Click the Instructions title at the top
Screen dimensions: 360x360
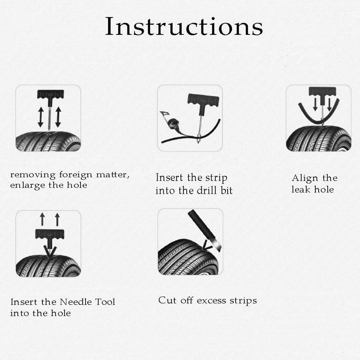(x=184, y=26)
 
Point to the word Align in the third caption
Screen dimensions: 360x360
(x=305, y=178)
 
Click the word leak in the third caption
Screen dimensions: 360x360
(x=301, y=190)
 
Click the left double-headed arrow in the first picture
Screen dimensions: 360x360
(x=41, y=117)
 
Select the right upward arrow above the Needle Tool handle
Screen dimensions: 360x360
(x=58, y=219)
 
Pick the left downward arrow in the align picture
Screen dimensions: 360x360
(x=315, y=104)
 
